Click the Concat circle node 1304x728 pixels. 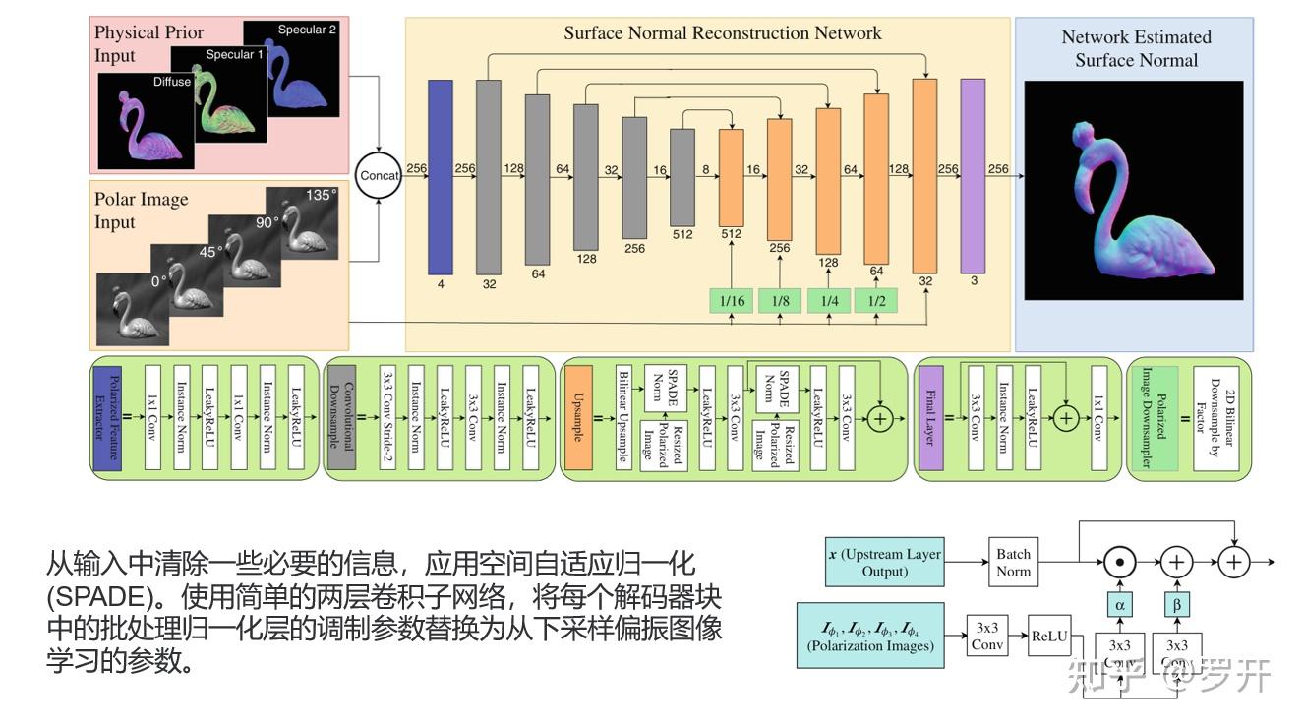380,176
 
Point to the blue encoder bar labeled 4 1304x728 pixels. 440,177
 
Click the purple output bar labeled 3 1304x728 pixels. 973,176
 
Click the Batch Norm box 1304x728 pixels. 1013,563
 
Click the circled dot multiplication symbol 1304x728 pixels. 1119,563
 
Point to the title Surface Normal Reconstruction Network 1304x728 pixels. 722,33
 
